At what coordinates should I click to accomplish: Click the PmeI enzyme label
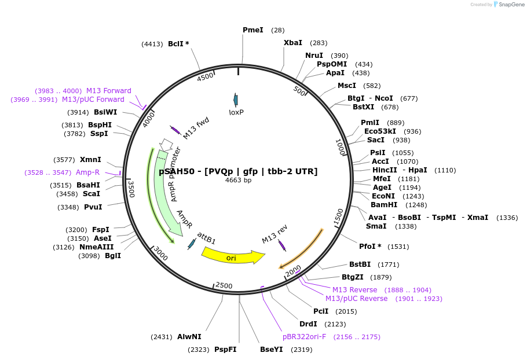[252, 30]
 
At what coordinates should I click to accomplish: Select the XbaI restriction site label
[292, 43]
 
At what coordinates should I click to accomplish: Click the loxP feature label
[236, 112]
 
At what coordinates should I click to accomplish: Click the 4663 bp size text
[238, 180]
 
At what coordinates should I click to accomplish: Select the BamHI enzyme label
[384, 205]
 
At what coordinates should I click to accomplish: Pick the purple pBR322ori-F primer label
[304, 337]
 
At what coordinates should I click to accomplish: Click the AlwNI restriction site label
[189, 337]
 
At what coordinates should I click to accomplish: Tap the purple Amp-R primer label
[87, 172]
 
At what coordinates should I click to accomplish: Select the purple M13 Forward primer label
[108, 91]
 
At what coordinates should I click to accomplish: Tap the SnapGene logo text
[510, 4]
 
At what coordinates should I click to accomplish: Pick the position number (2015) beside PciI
[346, 311]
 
